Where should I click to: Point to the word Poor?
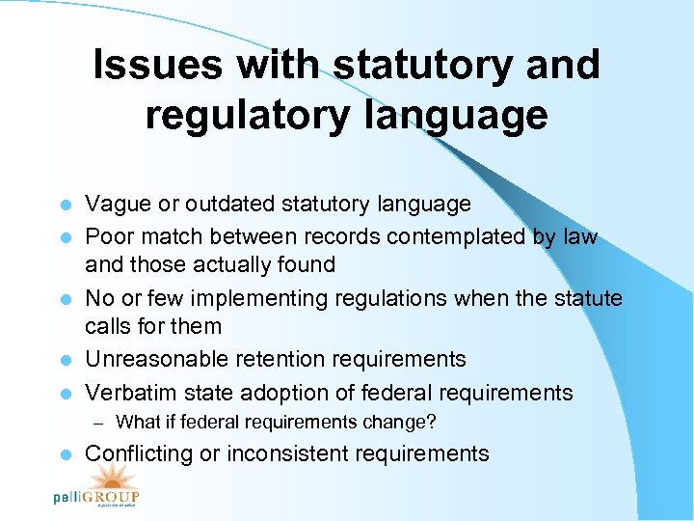[108, 236]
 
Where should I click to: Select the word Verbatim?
[127, 393]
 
